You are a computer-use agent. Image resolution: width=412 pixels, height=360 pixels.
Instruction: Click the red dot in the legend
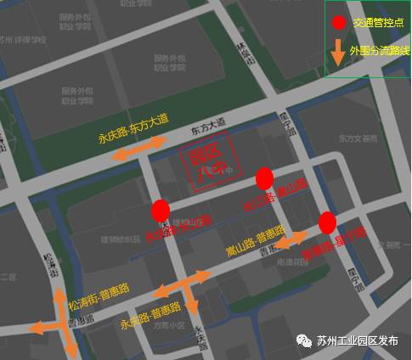click(339, 23)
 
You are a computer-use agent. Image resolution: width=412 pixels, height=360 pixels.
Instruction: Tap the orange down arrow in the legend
click(338, 51)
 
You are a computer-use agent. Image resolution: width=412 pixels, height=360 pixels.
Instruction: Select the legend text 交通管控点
click(378, 23)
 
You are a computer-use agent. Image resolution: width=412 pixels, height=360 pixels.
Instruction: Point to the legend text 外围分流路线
click(380, 52)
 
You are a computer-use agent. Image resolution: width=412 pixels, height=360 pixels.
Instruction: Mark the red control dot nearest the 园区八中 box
click(264, 178)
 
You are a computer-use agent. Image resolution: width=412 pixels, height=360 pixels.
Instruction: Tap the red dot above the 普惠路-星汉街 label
click(327, 223)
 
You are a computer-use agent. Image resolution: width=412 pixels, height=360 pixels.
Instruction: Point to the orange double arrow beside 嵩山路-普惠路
click(290, 239)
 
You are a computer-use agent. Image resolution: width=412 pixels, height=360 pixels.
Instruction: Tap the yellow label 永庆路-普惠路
click(151, 316)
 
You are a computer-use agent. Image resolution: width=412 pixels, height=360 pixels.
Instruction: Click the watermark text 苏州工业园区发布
click(357, 340)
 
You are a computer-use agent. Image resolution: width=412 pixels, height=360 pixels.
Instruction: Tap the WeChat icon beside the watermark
click(303, 340)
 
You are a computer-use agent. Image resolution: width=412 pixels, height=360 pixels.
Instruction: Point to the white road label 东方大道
click(208, 124)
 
